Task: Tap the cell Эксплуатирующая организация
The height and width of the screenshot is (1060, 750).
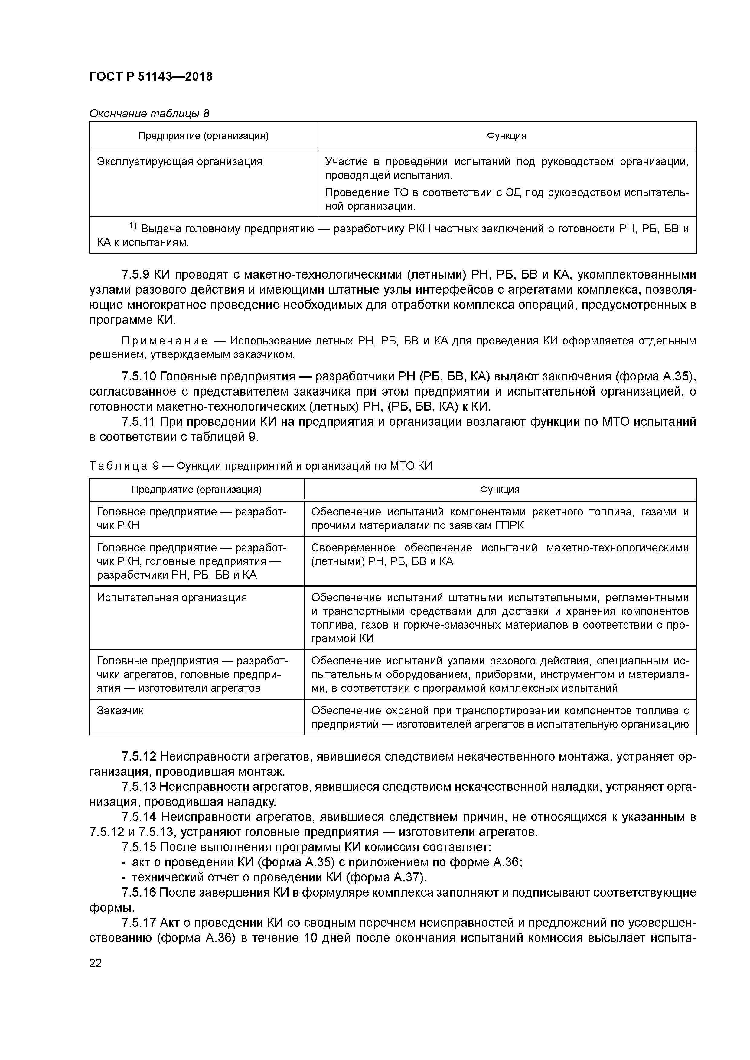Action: [x=179, y=162]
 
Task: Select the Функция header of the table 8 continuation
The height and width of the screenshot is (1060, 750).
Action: [x=507, y=136]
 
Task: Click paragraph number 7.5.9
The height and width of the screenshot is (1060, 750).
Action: [x=135, y=275]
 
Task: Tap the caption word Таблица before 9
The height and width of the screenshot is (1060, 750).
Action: [x=118, y=466]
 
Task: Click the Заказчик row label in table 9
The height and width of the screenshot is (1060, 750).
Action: [x=120, y=710]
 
